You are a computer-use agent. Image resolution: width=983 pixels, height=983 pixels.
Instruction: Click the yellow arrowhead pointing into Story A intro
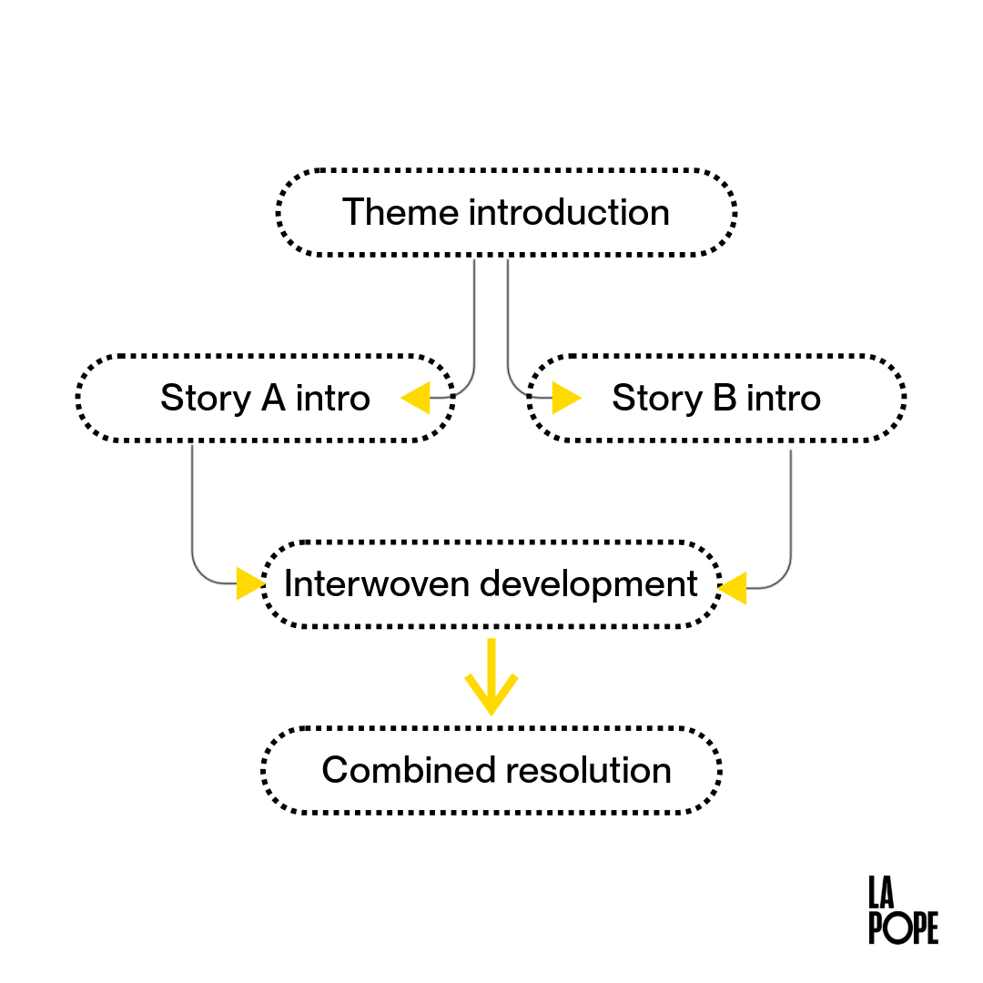416,398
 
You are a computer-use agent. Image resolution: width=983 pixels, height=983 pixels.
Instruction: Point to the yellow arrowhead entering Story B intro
566,398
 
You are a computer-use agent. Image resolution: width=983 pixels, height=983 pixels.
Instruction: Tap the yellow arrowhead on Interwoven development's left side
249,583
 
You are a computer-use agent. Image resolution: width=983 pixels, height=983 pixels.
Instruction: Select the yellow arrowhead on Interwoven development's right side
733,588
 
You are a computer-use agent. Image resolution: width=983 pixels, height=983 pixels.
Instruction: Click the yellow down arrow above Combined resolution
491,678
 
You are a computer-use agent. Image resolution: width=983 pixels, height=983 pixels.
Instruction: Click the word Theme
401,213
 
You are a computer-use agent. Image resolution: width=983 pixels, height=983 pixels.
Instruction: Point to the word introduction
569,213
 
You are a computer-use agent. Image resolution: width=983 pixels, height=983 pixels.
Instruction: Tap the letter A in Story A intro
273,399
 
